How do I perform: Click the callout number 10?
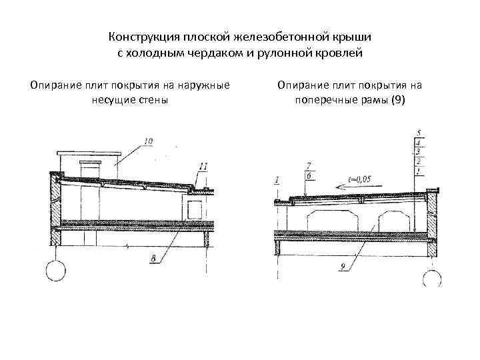(147, 141)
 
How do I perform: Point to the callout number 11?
(203, 165)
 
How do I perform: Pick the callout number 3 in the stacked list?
(417, 151)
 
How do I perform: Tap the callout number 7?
(307, 165)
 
